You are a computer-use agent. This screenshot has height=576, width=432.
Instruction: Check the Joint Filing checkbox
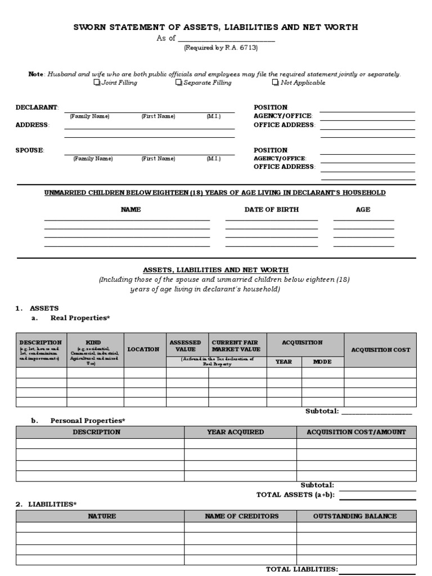[96, 83]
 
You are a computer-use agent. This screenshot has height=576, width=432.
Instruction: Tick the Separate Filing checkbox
[178, 83]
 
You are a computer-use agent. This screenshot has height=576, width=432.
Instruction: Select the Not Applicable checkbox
[275, 83]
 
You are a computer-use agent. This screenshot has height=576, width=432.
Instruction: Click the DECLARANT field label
[37, 107]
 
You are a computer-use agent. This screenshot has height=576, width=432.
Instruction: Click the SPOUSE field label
[30, 150]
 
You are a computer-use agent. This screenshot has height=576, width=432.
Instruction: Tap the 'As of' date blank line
[226, 39]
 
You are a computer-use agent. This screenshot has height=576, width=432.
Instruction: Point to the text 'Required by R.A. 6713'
[221, 48]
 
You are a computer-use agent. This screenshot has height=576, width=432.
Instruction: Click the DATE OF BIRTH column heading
[272, 209]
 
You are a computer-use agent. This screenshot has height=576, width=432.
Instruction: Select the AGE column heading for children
[363, 209]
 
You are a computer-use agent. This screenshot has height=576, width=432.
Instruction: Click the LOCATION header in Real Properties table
[143, 349]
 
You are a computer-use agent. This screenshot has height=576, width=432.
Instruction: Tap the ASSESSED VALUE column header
[185, 345]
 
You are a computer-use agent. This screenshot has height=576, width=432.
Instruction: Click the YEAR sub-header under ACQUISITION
[283, 362]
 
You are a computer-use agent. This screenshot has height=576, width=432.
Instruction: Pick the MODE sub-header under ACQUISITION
[322, 362]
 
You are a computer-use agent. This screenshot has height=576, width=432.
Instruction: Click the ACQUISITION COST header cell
[380, 350]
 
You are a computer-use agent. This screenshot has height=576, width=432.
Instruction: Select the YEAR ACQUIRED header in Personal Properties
[240, 432]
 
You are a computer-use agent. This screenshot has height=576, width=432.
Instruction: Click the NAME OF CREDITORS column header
[240, 516]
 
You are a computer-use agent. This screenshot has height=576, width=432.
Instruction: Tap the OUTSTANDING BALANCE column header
[357, 516]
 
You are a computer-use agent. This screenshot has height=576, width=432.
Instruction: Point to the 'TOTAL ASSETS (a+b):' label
[295, 494]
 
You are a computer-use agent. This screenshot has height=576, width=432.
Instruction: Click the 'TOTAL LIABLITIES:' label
[301, 569]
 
